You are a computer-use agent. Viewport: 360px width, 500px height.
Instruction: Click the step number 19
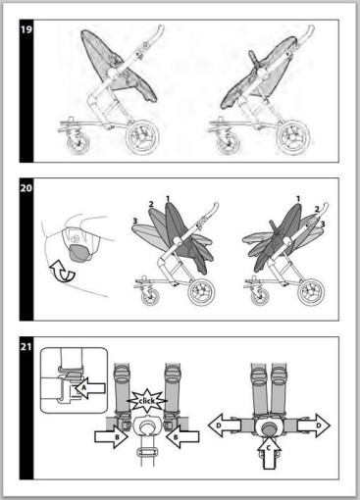(26, 29)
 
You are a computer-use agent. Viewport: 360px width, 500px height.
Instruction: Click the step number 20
(26, 188)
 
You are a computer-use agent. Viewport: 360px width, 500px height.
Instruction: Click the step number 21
(26, 346)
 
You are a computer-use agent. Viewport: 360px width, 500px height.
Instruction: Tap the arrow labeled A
(90, 388)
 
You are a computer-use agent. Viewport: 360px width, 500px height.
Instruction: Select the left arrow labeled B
(111, 436)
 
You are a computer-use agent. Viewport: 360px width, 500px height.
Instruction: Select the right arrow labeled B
(182, 436)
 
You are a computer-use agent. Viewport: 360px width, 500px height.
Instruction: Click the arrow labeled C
(269, 454)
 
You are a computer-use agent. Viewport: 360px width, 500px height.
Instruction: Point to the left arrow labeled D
(225, 425)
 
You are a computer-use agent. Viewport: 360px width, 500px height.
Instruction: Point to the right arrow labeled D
(314, 425)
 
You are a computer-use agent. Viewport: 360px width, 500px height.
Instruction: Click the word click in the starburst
(147, 401)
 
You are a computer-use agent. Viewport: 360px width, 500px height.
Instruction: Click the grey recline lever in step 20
(79, 253)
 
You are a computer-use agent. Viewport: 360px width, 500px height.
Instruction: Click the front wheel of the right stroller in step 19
(228, 142)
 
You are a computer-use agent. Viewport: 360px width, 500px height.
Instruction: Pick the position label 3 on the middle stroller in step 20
(134, 222)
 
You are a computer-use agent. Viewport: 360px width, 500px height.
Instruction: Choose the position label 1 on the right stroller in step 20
(298, 198)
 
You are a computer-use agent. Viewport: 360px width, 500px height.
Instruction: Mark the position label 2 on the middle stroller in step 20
(151, 204)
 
